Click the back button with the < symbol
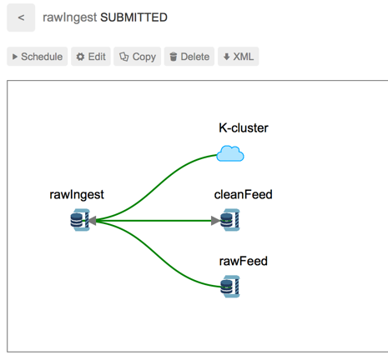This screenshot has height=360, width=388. point(21,17)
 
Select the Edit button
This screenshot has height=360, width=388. point(91,57)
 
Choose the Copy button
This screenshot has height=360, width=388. point(137,57)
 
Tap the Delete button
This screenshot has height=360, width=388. point(189,57)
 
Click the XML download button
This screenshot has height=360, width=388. point(239,57)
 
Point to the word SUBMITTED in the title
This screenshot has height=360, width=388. point(134,17)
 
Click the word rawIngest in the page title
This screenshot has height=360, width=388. point(69,17)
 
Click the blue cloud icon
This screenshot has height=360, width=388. point(230,153)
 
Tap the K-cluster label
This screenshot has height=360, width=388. point(244,128)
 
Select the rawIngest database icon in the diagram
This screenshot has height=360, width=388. point(80,220)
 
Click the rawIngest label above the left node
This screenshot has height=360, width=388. point(77,195)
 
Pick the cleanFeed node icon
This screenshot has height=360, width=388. point(230,220)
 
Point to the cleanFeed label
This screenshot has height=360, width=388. point(243,194)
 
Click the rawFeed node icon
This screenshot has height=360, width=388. point(230,287)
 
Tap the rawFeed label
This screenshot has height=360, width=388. point(244,261)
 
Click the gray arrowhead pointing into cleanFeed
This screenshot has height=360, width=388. point(215,221)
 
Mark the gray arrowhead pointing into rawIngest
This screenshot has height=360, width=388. point(92,221)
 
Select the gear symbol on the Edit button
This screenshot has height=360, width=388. point(80,57)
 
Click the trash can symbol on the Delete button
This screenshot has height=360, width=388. point(174,57)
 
